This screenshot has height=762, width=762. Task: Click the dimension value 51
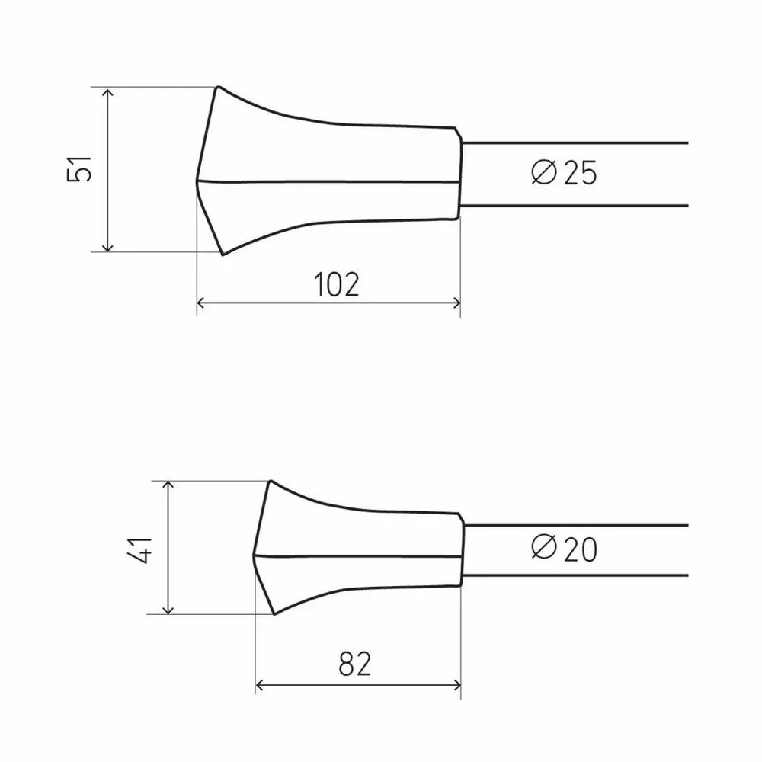pyautogui.click(x=80, y=169)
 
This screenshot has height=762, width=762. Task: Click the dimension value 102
pyautogui.click(x=336, y=284)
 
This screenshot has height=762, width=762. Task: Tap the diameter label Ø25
pyautogui.click(x=565, y=174)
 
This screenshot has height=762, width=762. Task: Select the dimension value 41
pyautogui.click(x=141, y=548)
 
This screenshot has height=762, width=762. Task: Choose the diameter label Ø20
pyautogui.click(x=565, y=549)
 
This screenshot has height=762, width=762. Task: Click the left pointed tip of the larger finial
pyautogui.click(x=197, y=181)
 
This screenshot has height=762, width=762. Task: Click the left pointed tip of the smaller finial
pyautogui.click(x=255, y=555)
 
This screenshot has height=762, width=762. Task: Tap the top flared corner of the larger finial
pyautogui.click(x=219, y=87)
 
